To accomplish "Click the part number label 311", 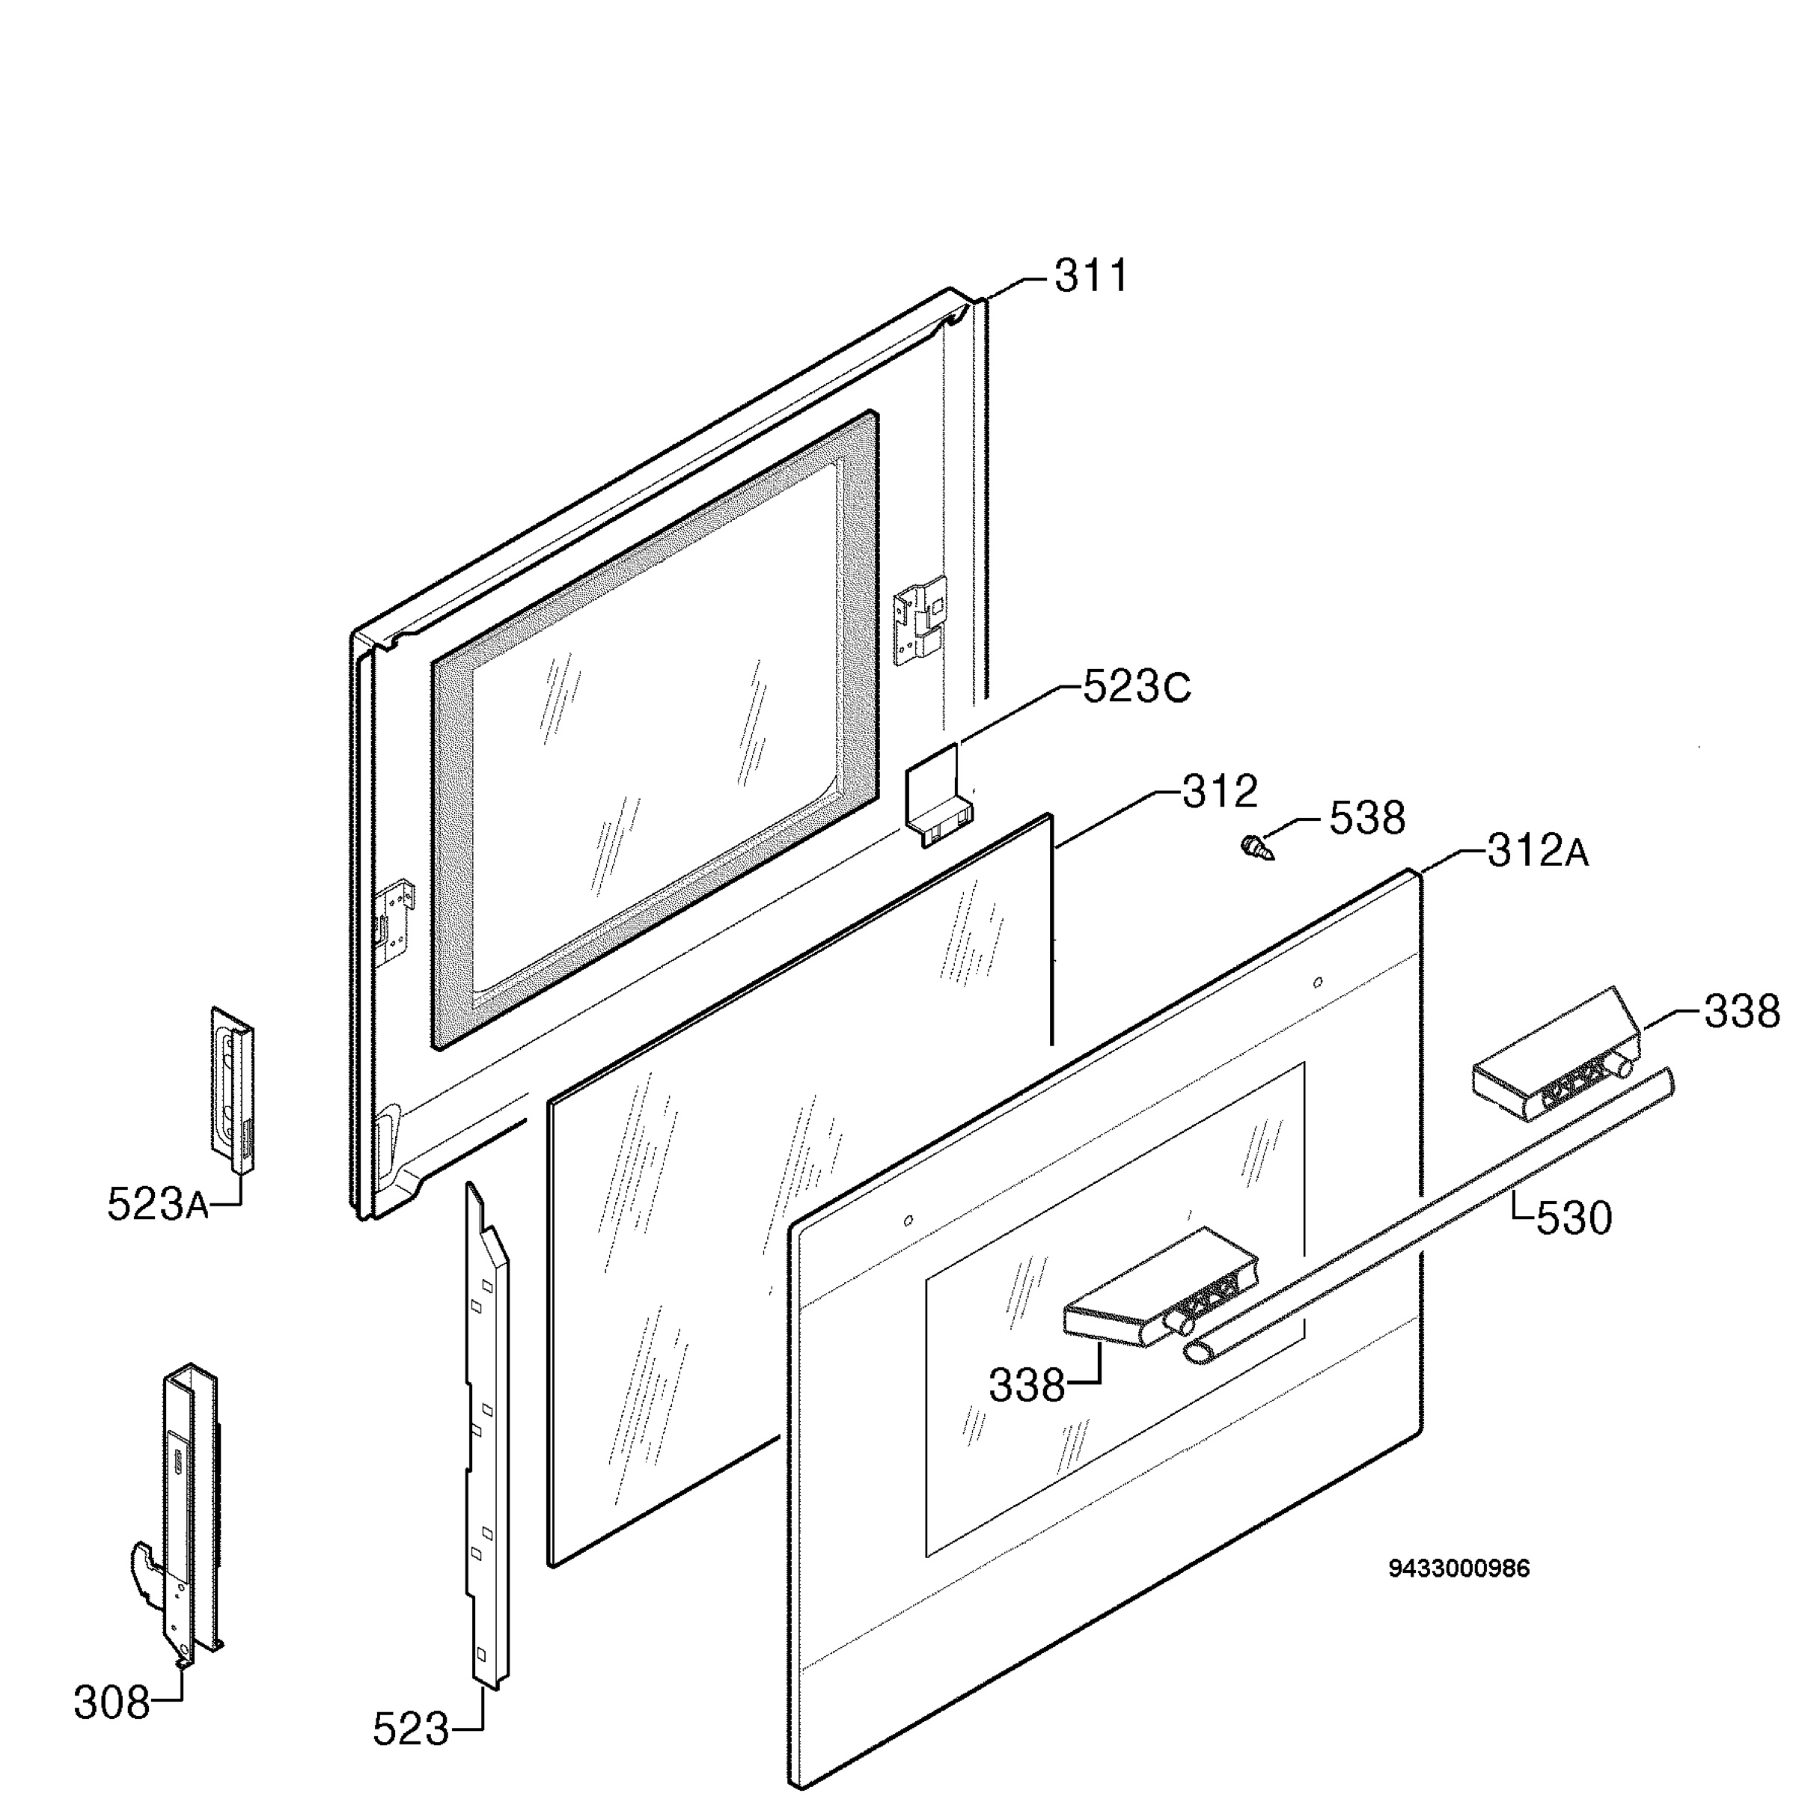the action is click(1090, 276).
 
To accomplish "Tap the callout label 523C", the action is click(1136, 688).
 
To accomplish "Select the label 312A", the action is click(1538, 851).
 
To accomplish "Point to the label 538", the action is click(1366, 818).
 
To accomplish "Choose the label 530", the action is click(1574, 1218).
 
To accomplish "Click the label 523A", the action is click(158, 1204).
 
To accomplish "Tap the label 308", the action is click(112, 1702).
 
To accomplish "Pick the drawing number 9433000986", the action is click(1459, 1569).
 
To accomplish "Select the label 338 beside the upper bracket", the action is click(1741, 1012).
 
